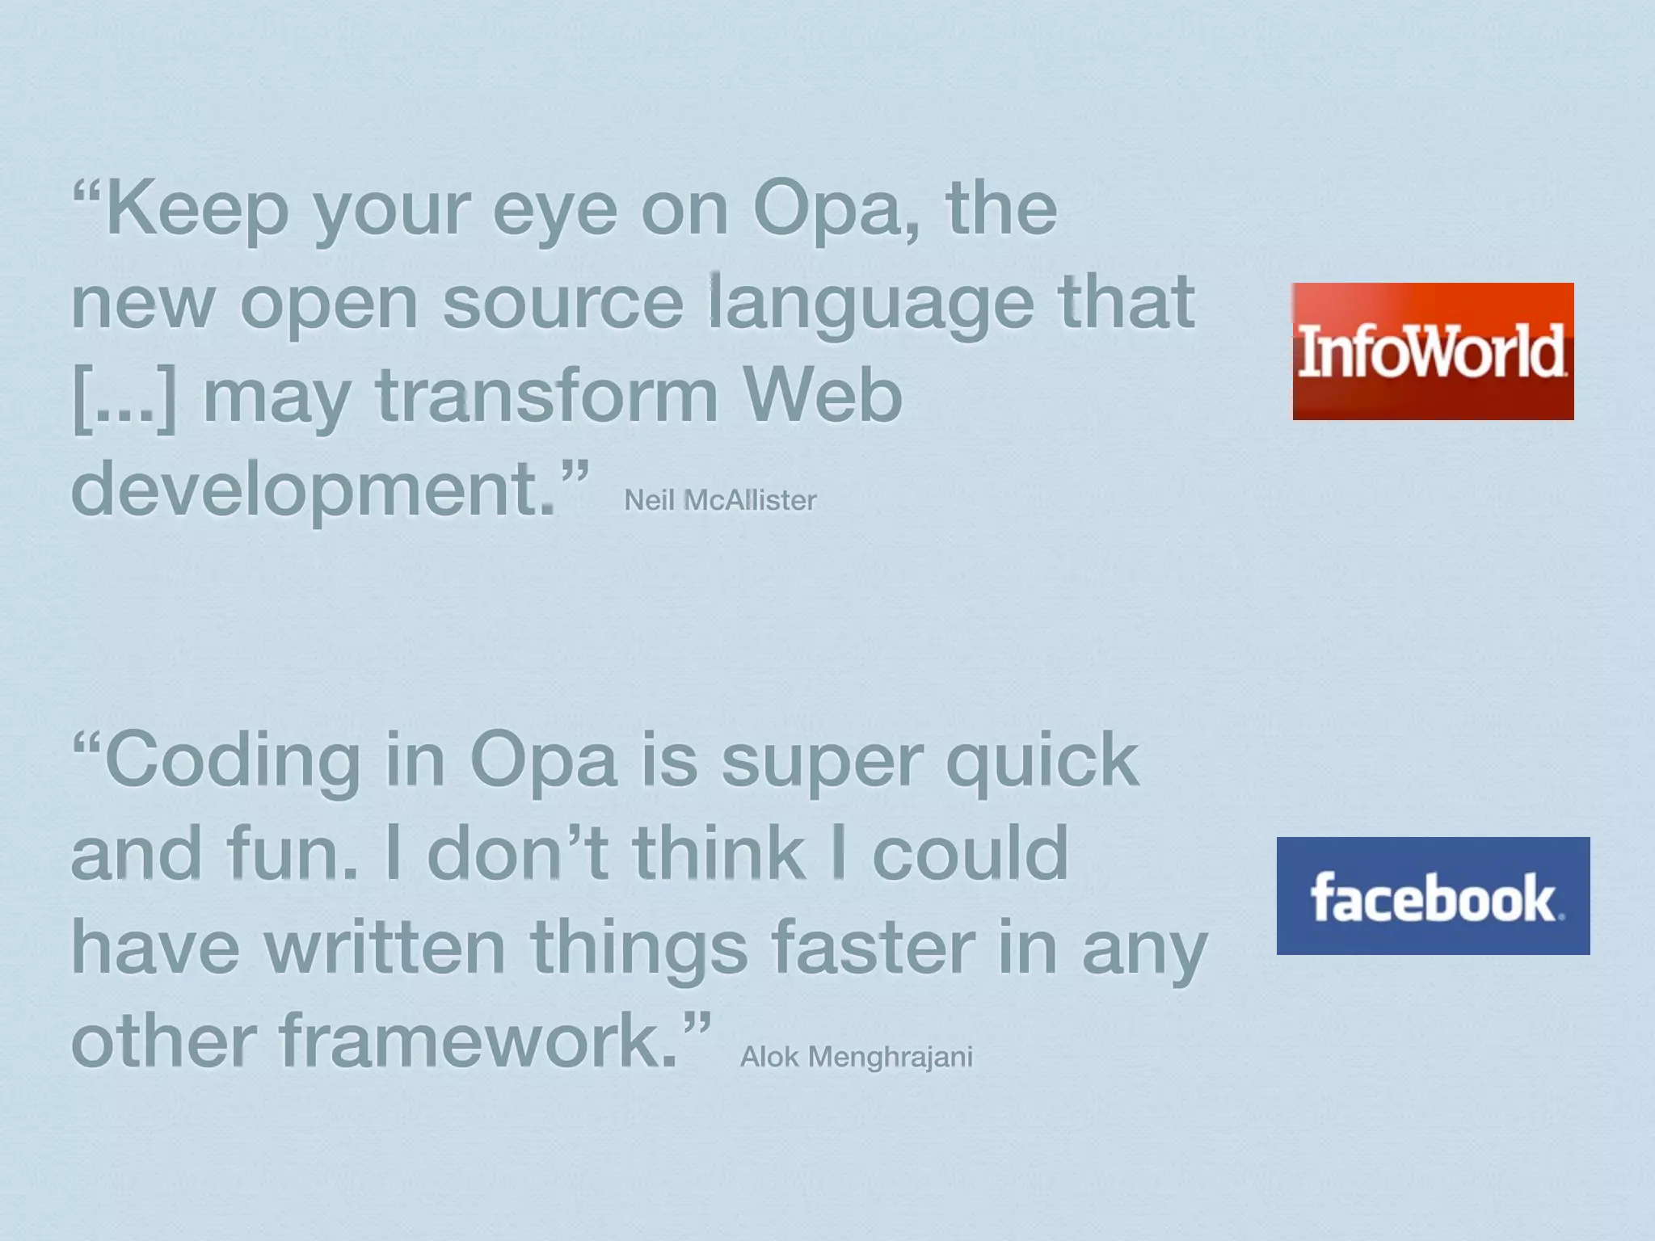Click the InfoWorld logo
[x=1433, y=351]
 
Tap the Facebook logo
[x=1433, y=896]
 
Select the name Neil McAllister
[x=720, y=500]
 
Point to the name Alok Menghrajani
[x=856, y=1057]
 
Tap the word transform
[x=546, y=396]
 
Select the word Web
[x=821, y=396]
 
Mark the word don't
[x=517, y=853]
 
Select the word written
[x=385, y=947]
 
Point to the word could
[x=970, y=853]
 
